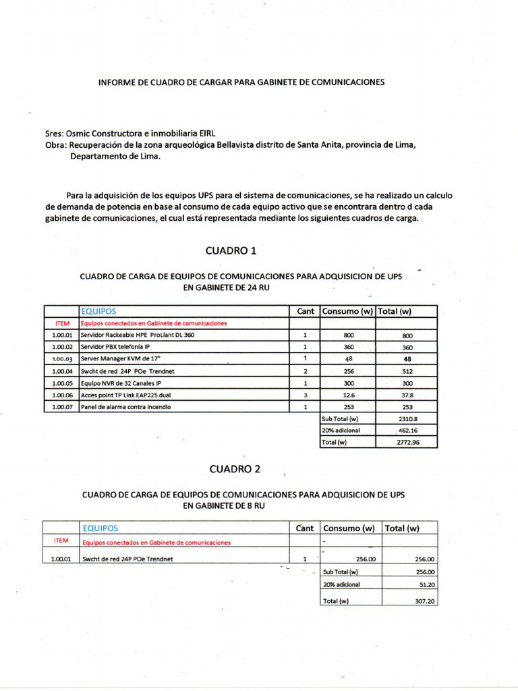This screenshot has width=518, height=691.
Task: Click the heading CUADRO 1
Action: (231, 250)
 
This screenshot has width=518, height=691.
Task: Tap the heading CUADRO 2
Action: (234, 468)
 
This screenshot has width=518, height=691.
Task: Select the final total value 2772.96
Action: (407, 443)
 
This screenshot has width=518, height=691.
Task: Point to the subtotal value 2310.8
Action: (407, 418)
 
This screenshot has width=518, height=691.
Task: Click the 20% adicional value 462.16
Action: (407, 431)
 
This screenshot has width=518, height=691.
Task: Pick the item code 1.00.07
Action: (62, 407)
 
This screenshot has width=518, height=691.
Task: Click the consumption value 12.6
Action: (349, 395)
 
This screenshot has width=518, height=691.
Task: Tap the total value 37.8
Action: (407, 395)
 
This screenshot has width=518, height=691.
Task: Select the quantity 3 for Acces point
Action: (305, 395)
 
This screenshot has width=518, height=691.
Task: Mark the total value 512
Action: (407, 371)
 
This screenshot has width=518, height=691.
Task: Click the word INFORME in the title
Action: (117, 82)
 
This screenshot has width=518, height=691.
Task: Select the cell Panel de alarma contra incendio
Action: (125, 407)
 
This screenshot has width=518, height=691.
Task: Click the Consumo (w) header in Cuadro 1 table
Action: (347, 311)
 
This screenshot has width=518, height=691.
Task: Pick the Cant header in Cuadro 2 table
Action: (305, 528)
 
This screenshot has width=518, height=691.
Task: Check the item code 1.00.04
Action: (62, 371)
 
